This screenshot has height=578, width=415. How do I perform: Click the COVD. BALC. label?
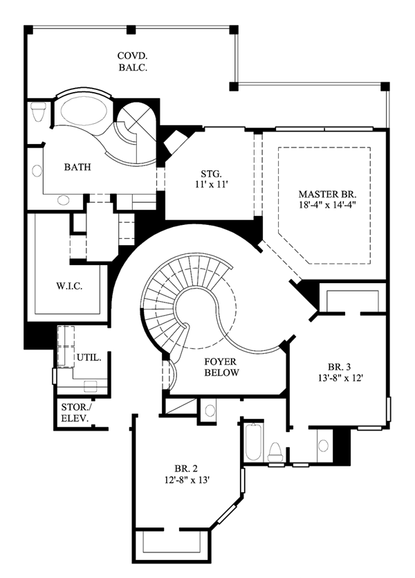tap(133, 62)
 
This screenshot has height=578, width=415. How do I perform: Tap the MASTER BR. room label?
tap(327, 194)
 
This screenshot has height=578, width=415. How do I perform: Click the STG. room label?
tap(212, 173)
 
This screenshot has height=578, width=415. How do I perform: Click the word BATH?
tap(77, 167)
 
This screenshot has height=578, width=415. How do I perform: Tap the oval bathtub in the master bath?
tap(84, 111)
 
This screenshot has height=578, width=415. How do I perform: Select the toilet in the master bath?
tap(38, 112)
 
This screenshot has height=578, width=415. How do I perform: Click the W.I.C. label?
tap(69, 286)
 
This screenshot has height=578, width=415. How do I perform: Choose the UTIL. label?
tap(89, 357)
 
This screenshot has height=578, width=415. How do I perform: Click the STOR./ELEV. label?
tap(75, 413)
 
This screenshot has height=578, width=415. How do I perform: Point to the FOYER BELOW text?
tap(221, 367)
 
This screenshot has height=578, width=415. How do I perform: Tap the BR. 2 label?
tap(186, 469)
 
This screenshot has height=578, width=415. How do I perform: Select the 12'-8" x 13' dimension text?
tap(187, 480)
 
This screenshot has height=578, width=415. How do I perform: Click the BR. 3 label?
tap(339, 367)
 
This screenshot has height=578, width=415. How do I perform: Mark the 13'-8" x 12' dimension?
tap(340, 377)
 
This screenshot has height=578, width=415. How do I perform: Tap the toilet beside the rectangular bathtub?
tap(275, 451)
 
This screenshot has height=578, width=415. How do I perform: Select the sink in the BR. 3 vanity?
tap(323, 446)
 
